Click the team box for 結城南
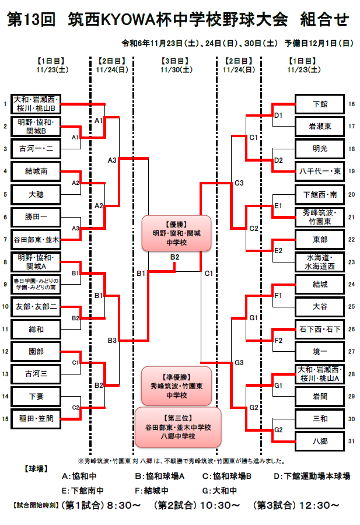point(36,171)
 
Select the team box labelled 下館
point(320,104)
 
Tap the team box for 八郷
point(320,441)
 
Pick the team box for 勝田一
point(36,216)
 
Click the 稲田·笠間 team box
point(36,418)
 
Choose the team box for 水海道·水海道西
point(320,261)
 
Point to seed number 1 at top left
point(5,104)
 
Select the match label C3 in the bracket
point(239,183)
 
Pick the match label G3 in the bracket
point(239,362)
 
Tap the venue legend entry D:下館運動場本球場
point(312,477)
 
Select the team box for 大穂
point(36,194)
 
